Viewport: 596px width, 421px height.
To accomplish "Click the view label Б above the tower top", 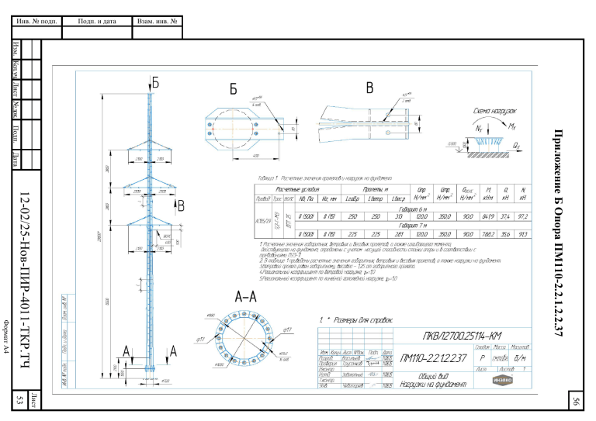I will coord(155,81).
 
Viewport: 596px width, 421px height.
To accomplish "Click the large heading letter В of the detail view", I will coord(369,87).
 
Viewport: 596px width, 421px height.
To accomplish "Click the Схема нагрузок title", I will coord(496,111).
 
